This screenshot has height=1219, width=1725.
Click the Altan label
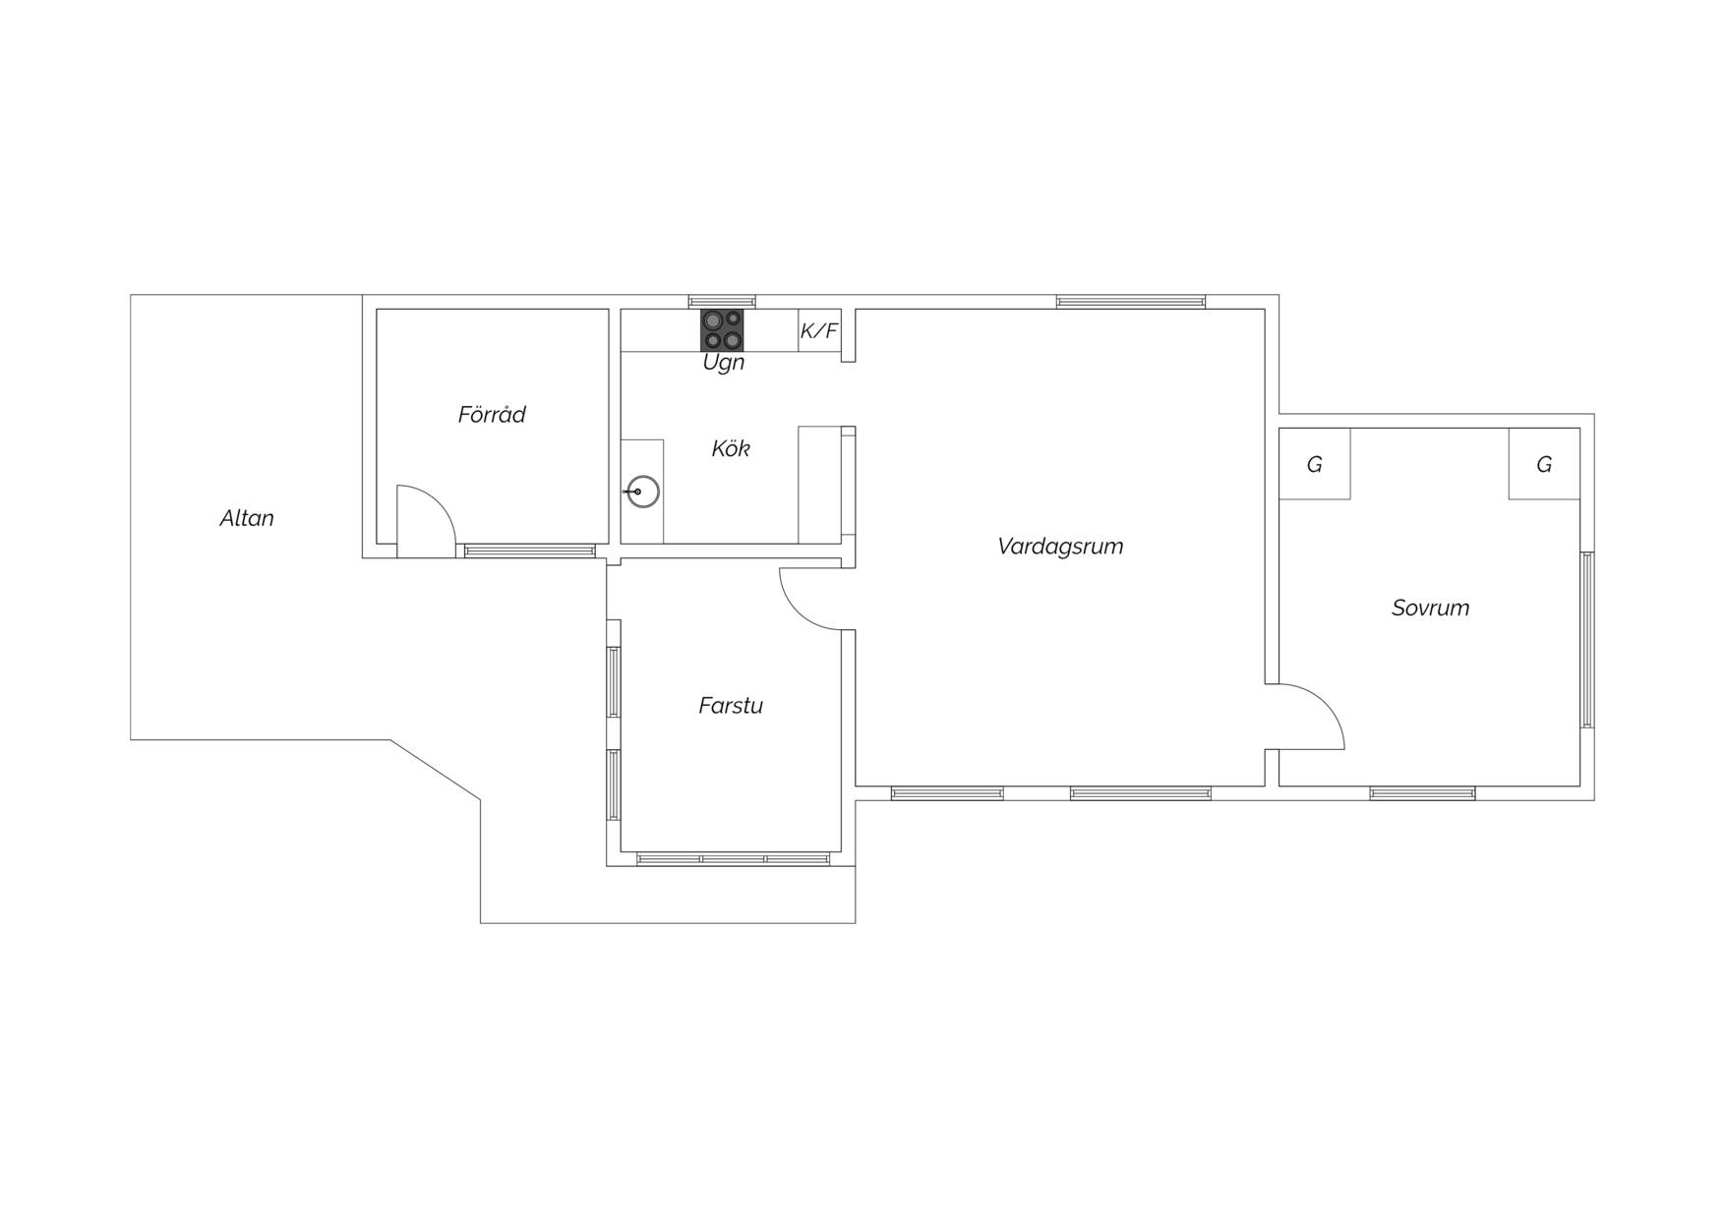pos(247,518)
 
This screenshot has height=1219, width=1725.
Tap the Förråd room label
pos(492,414)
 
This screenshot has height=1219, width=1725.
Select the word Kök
pos(731,448)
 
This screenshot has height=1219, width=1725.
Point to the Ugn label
pos(724,363)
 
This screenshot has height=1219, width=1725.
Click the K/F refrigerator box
pos(819,330)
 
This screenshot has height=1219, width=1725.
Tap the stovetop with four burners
pos(722,330)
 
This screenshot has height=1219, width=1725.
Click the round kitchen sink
pos(642,492)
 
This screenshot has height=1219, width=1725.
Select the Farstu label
pos(731,705)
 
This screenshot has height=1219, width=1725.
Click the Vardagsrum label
pos(1060,546)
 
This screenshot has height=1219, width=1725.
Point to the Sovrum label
pos(1431,608)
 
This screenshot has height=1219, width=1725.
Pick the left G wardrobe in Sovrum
pos(1315,463)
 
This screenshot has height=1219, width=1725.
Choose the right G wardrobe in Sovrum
pos(1544,463)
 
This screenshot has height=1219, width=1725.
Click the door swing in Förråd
pos(439,502)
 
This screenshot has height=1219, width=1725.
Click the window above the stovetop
pos(722,302)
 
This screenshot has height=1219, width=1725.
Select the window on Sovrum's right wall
pos(1587,640)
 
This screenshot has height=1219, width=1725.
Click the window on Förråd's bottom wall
pos(530,551)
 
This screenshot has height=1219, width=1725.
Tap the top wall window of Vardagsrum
pos(1131,302)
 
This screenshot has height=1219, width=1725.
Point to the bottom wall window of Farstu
pos(734,859)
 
